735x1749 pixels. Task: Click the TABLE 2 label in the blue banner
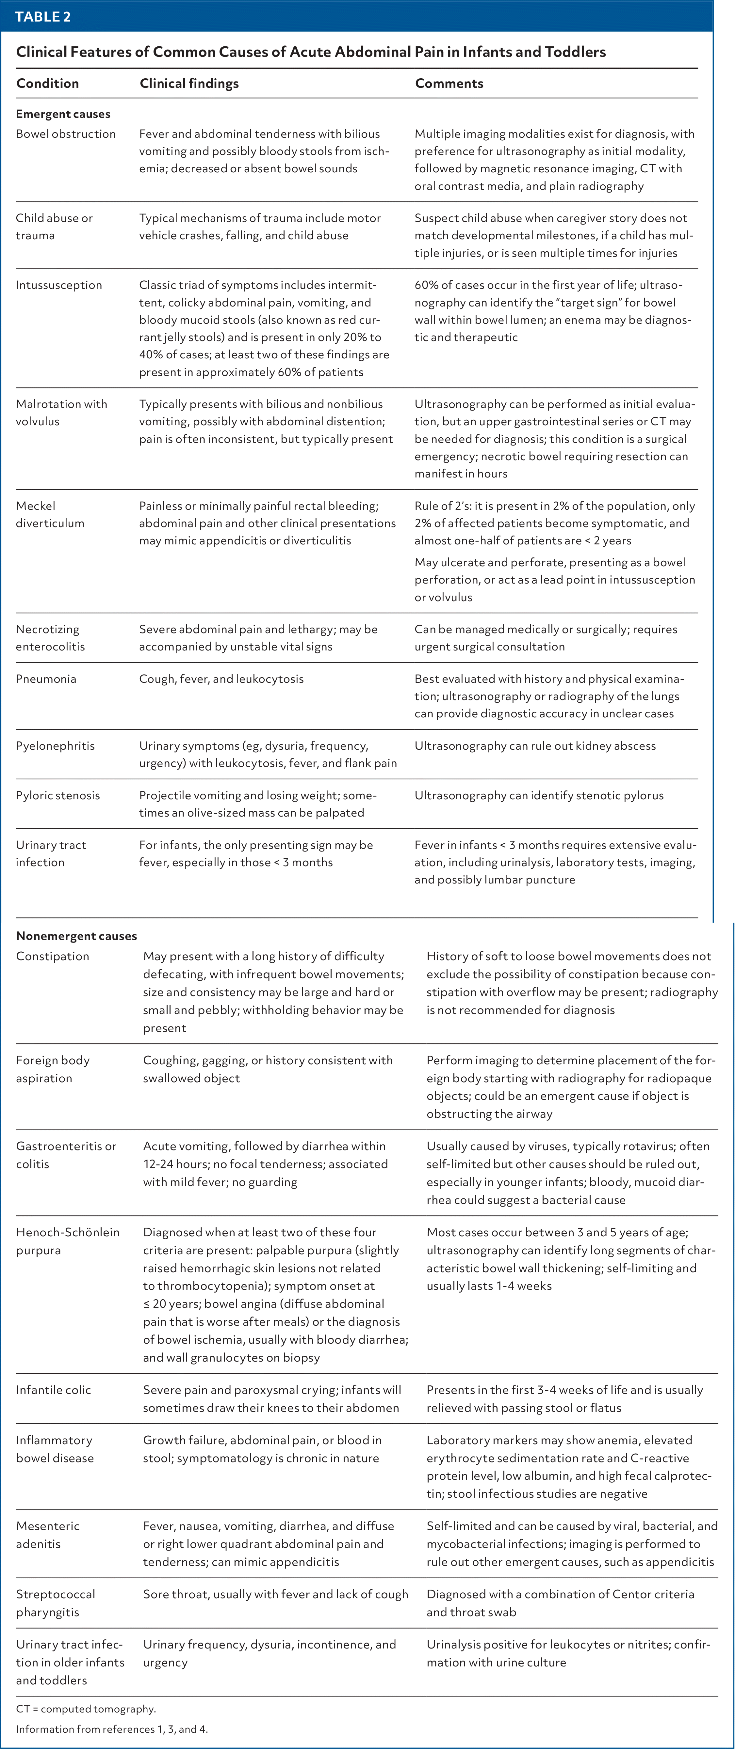pyautogui.click(x=43, y=17)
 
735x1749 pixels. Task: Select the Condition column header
pyautogui.click(x=48, y=84)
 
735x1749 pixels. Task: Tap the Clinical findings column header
pyautogui.click(x=189, y=84)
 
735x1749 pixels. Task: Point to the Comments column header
pyautogui.click(x=449, y=84)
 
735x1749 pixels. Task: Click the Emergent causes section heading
pyautogui.click(x=63, y=114)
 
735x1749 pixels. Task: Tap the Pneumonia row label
pyautogui.click(x=46, y=679)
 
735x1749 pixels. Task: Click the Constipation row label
pyautogui.click(x=52, y=956)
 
